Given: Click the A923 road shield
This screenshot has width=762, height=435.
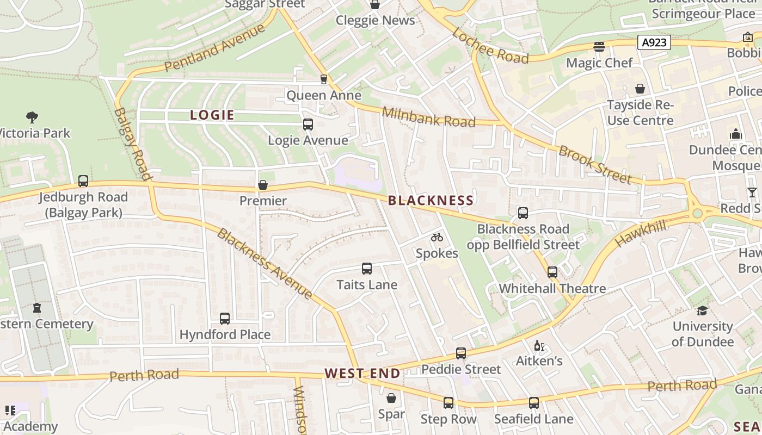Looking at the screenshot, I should [x=654, y=42].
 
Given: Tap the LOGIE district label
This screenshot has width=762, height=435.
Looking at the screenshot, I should [x=212, y=115].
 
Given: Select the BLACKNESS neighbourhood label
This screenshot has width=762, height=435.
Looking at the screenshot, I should [x=431, y=201].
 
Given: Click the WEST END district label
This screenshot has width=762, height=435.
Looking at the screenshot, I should [x=362, y=374].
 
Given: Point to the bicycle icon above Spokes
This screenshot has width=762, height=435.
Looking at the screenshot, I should [x=437, y=237].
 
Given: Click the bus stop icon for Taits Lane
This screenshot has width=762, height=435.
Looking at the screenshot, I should [x=366, y=269].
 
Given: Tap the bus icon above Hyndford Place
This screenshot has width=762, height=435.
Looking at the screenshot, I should [x=224, y=319].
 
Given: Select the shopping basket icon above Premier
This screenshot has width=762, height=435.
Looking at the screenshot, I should [x=263, y=185].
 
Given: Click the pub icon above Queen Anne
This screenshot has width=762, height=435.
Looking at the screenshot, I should [x=324, y=79].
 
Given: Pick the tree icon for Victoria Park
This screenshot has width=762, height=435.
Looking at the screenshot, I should [x=32, y=117].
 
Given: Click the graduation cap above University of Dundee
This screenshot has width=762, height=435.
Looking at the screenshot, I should [x=702, y=310].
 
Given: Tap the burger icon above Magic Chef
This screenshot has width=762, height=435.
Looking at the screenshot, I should [x=599, y=47].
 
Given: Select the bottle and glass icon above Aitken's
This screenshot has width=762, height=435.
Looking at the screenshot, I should [x=539, y=345].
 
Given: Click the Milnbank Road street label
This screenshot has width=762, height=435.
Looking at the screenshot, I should [x=428, y=117].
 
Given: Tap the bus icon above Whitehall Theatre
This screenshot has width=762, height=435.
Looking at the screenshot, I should [x=552, y=272].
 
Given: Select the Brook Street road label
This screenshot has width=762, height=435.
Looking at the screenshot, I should [x=595, y=165].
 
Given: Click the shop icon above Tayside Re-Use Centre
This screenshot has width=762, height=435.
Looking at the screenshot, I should [x=640, y=89].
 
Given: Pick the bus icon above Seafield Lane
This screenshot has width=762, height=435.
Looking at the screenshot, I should [x=533, y=403].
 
